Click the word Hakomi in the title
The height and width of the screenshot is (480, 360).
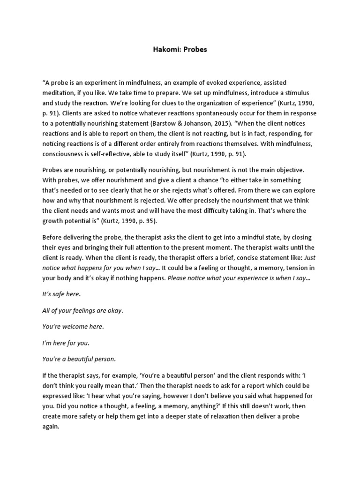click(x=167, y=49)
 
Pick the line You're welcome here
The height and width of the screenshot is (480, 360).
click(x=72, y=327)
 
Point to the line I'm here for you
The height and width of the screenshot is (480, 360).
click(x=65, y=343)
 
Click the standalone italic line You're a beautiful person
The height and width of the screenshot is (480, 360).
click(x=78, y=359)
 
